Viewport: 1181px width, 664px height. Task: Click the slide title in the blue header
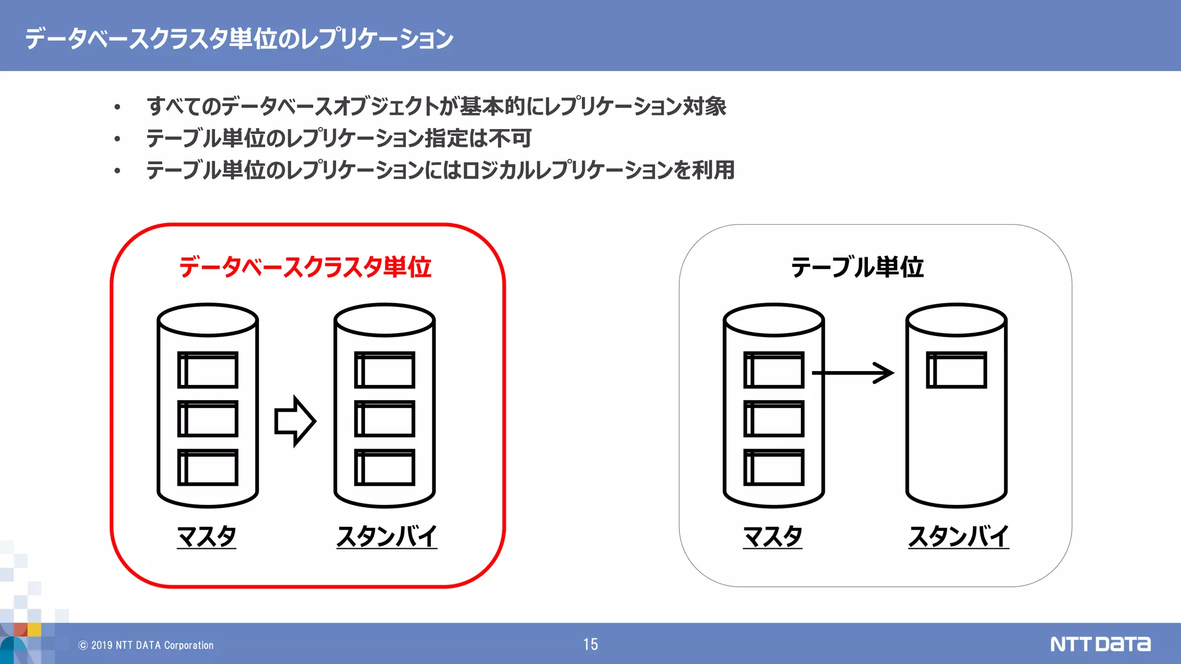(x=239, y=38)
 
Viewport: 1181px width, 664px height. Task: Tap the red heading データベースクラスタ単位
(x=305, y=267)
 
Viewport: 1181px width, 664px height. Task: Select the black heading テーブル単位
(x=857, y=267)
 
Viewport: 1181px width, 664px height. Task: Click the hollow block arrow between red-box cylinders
(x=295, y=421)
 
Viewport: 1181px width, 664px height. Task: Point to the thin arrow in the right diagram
(x=853, y=373)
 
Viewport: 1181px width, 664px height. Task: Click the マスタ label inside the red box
(x=206, y=536)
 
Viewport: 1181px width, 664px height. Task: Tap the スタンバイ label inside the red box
(x=386, y=536)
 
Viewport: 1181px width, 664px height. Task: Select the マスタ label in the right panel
(x=773, y=536)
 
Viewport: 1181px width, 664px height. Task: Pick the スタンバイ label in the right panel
(x=958, y=536)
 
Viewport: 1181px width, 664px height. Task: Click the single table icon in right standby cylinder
(x=956, y=370)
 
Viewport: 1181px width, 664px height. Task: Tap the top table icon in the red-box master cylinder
(x=208, y=370)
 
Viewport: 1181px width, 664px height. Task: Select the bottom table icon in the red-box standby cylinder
(x=385, y=467)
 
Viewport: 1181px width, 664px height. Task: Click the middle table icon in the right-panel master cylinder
(x=774, y=418)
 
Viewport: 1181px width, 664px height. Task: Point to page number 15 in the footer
(x=590, y=644)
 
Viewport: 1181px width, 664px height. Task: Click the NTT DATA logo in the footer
(x=1100, y=644)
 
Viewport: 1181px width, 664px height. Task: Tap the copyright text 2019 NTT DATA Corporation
(x=146, y=646)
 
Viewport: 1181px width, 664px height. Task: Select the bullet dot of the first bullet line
(x=118, y=107)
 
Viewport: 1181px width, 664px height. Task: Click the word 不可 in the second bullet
(x=510, y=138)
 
